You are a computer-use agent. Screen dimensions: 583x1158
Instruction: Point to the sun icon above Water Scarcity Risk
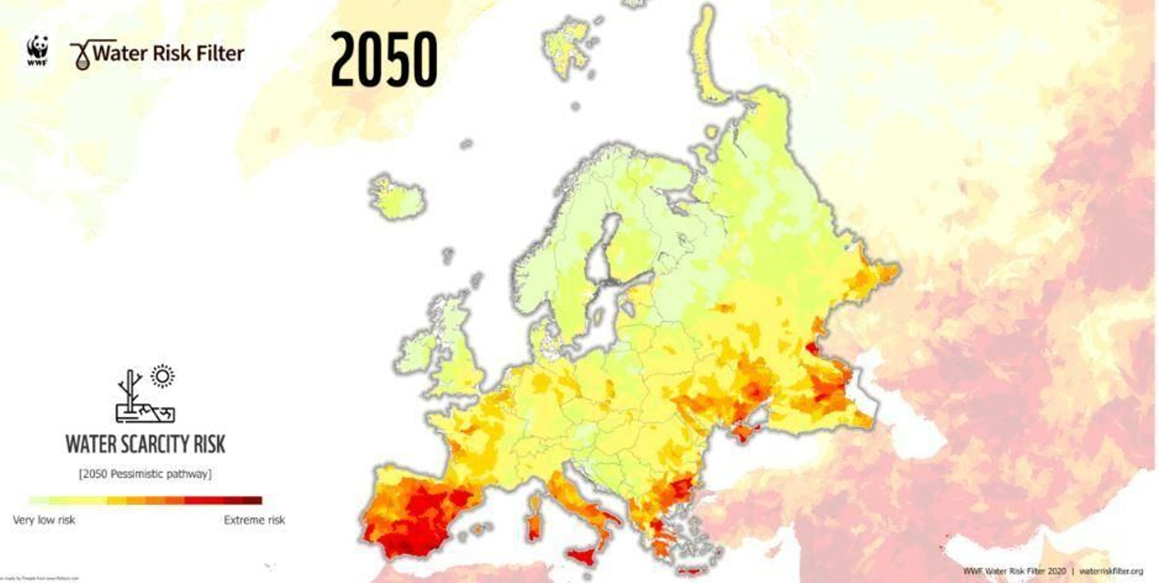[163, 377]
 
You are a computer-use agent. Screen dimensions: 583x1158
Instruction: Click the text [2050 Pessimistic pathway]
[145, 474]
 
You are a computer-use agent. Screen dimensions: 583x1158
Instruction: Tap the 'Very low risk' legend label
[44, 520]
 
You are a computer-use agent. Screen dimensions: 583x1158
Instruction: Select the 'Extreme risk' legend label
[254, 520]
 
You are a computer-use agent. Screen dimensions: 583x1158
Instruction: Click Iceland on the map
[397, 197]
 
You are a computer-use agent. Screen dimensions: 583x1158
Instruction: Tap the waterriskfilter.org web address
[1111, 571]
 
